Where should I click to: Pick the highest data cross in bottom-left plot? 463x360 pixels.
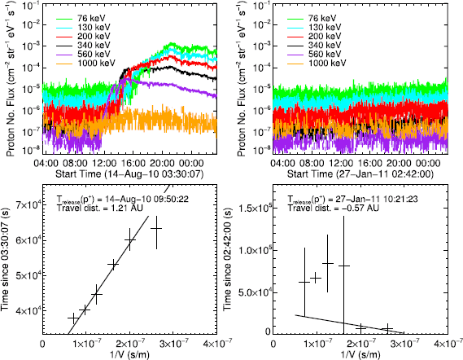click(156, 229)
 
